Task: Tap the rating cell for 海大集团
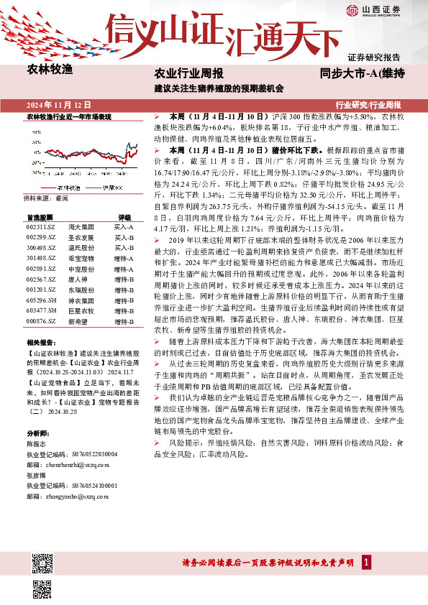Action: point(124,227)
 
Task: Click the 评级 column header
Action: point(124,216)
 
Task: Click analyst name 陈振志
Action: point(37,444)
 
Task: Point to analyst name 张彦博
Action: point(37,475)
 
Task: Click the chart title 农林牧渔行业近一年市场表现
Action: point(68,116)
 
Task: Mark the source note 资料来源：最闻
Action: point(45,197)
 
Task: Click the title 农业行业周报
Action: point(189,73)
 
